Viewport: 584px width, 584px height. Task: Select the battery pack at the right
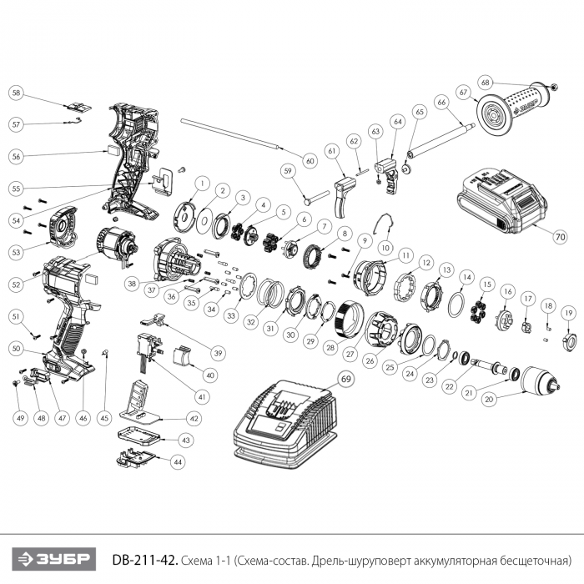503,200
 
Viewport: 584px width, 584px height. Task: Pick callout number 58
17,93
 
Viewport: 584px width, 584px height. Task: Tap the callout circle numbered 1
201,182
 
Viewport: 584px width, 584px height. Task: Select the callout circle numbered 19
567,314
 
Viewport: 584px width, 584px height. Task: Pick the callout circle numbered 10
385,247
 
